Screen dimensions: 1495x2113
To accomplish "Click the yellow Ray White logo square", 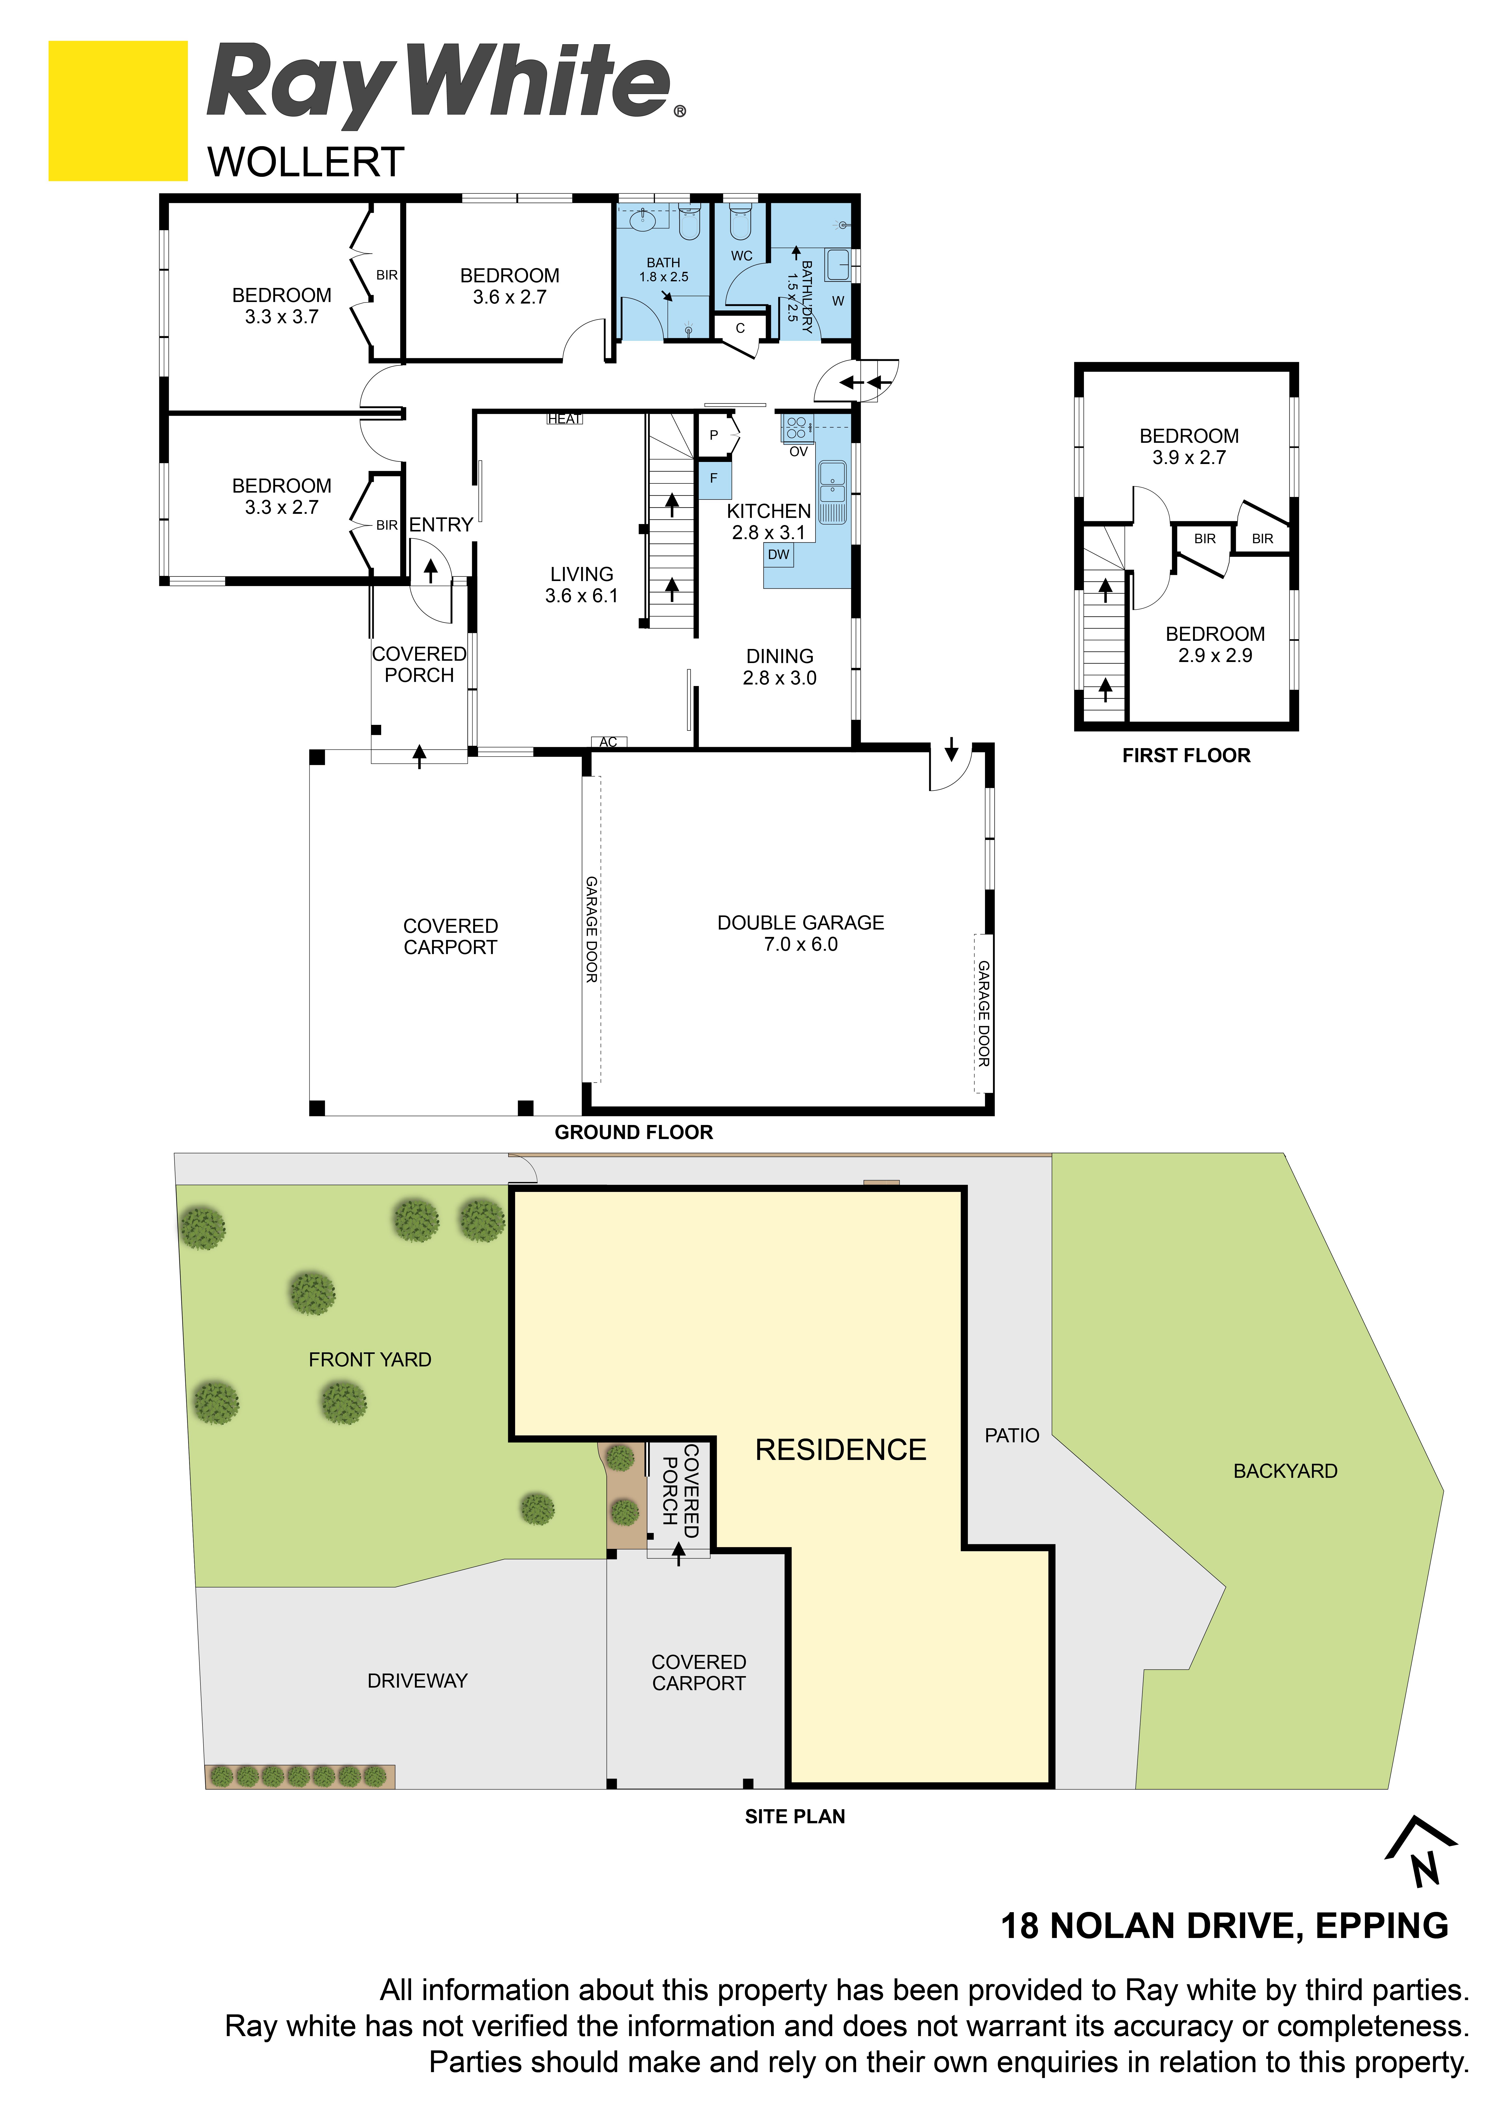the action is tap(118, 110).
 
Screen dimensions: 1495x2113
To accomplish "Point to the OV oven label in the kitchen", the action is tap(798, 452).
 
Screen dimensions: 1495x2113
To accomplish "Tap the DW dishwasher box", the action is tap(779, 555).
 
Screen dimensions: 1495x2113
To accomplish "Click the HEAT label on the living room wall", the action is tap(564, 419).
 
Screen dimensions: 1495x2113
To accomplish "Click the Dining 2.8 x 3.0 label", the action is tap(780, 667).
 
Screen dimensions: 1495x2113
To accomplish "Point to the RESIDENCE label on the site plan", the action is tap(841, 1449).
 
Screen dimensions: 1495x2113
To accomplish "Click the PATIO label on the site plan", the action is tap(1012, 1436).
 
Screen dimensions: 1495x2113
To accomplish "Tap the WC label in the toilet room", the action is tap(742, 256).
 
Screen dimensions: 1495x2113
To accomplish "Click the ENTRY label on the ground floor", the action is tap(441, 525).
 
